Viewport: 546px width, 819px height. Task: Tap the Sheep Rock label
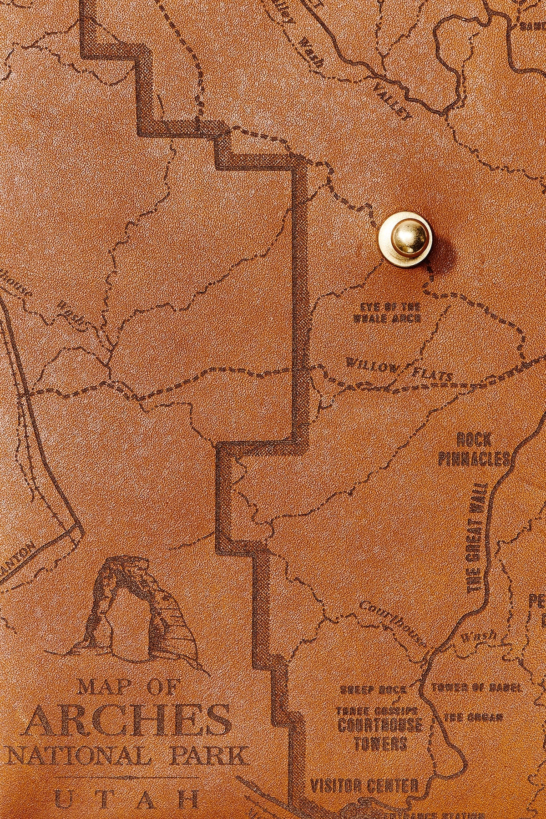[373, 689]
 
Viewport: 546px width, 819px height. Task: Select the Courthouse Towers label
[379, 734]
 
